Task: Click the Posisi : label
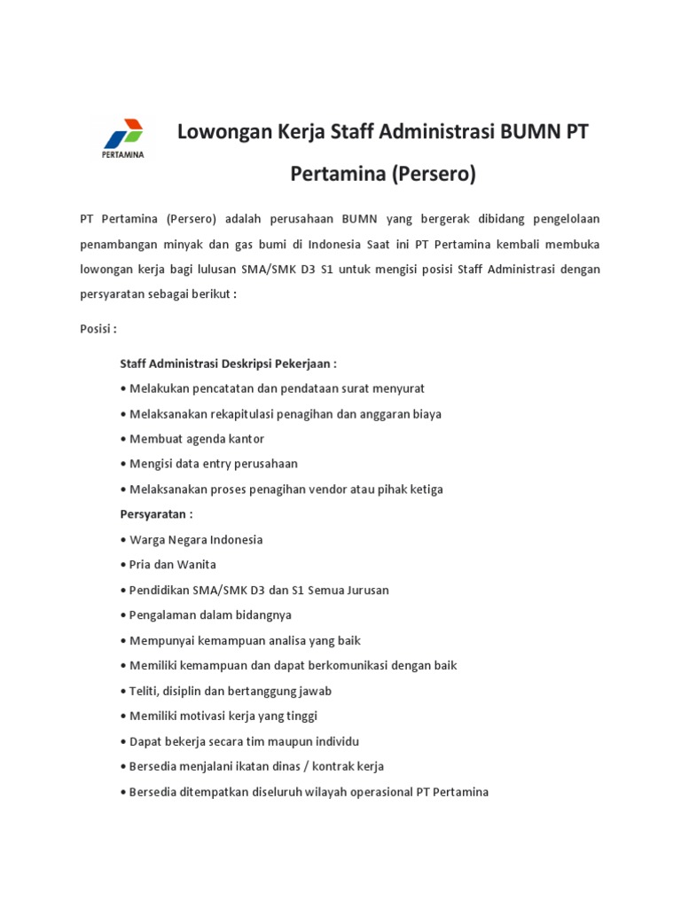(x=98, y=328)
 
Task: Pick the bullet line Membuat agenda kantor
(x=197, y=439)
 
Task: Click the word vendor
(x=329, y=489)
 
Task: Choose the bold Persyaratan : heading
(x=156, y=514)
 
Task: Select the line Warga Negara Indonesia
(x=196, y=539)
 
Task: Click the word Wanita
(x=198, y=564)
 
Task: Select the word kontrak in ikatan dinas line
(x=336, y=766)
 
